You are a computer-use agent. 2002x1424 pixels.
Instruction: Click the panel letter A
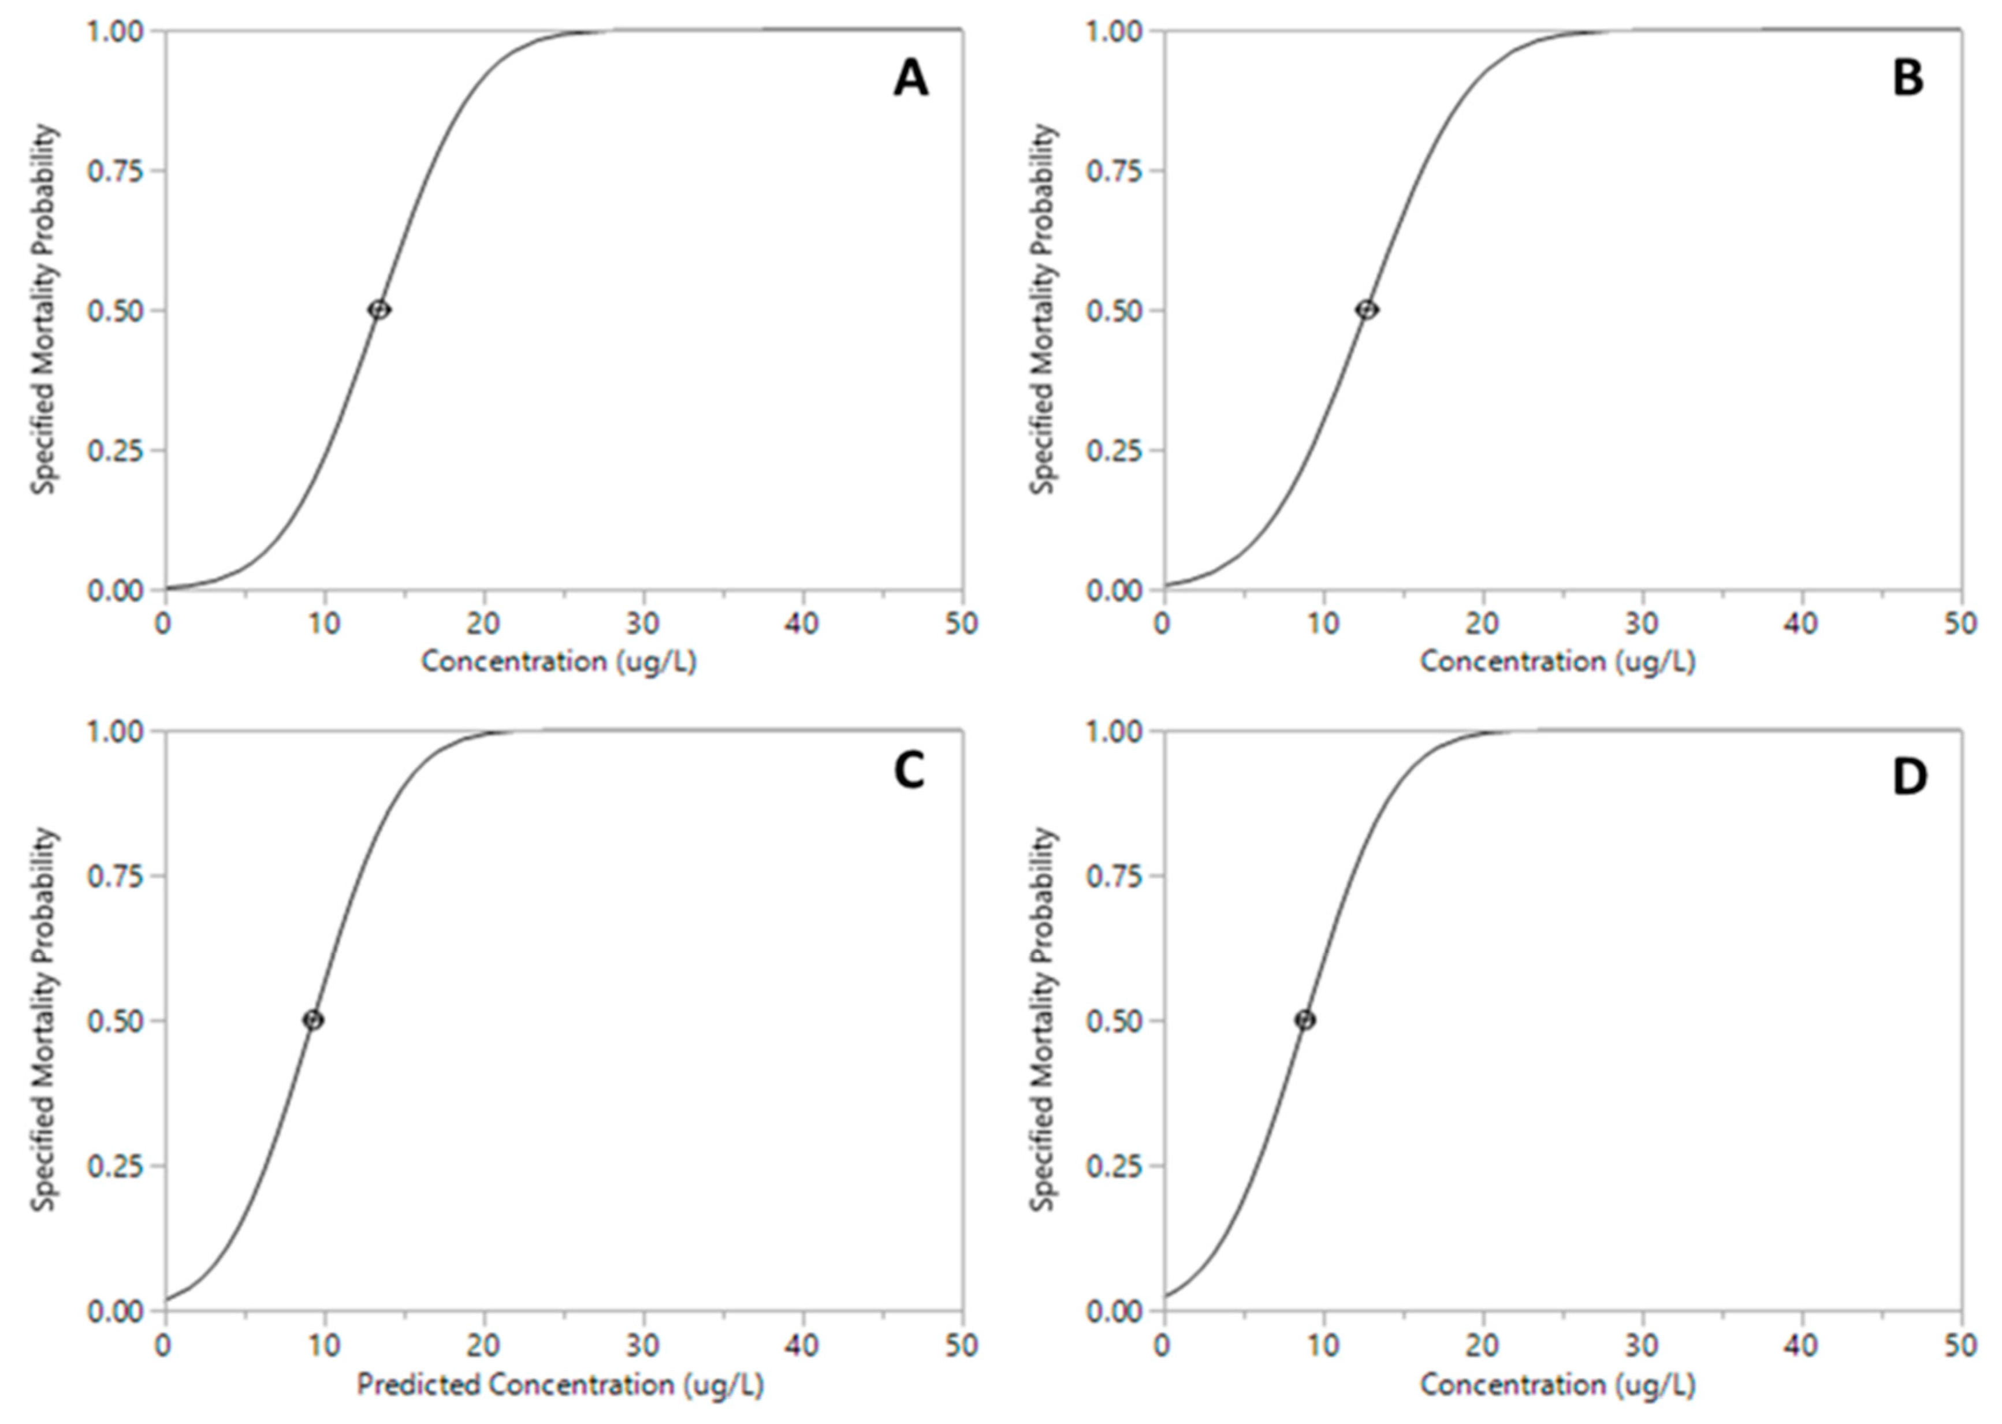[x=910, y=80]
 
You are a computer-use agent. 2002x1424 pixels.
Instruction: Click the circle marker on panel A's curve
[x=379, y=310]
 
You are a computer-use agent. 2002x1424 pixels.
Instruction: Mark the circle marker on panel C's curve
[x=313, y=1020]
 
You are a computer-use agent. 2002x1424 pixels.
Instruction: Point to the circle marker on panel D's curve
[x=1306, y=1020]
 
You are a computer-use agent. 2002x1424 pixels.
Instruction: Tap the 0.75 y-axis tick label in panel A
[x=115, y=170]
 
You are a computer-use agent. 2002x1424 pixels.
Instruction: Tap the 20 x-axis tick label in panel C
[x=484, y=1344]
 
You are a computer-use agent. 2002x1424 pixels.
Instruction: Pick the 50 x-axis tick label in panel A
[x=962, y=624]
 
